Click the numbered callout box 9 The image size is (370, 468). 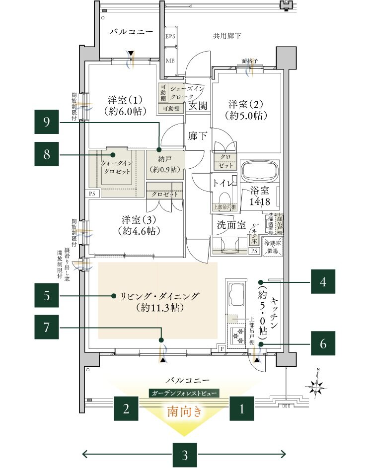point(47,123)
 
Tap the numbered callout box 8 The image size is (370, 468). point(47,155)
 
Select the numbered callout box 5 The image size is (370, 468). point(47,296)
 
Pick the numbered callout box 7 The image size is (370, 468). point(47,329)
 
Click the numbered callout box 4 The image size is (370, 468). point(323,282)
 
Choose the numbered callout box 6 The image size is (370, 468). point(323,343)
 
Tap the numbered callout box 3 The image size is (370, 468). point(184,454)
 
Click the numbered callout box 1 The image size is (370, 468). point(242,409)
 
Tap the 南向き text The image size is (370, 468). point(184,411)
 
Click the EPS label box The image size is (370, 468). point(170,37)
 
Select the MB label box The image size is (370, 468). point(170,61)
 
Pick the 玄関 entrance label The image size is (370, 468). point(198,106)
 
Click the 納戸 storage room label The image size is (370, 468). point(165,165)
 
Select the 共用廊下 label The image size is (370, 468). point(227,36)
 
